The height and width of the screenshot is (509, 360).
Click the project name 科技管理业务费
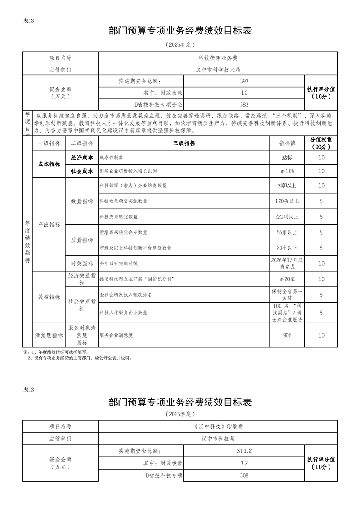pyautogui.click(x=218, y=58)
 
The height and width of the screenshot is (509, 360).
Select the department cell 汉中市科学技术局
pyautogui.click(x=218, y=70)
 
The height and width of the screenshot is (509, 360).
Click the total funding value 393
pyautogui.click(x=244, y=81)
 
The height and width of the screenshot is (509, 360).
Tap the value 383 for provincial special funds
pyautogui.click(x=244, y=104)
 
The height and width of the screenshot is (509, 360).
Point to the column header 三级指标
pyautogui.click(x=184, y=143)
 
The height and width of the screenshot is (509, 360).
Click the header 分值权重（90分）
pyautogui.click(x=321, y=143)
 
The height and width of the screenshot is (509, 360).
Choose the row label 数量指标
pyautogui.click(x=82, y=201)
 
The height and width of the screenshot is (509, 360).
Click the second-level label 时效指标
pyautogui.click(x=82, y=263)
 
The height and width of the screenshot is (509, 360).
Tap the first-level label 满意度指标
pyautogui.click(x=49, y=335)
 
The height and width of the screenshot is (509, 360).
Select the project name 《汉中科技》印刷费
pyautogui.click(x=218, y=426)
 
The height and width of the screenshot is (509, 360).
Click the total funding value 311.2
pyautogui.click(x=244, y=451)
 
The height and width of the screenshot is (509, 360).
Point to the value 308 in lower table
pyautogui.click(x=244, y=475)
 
